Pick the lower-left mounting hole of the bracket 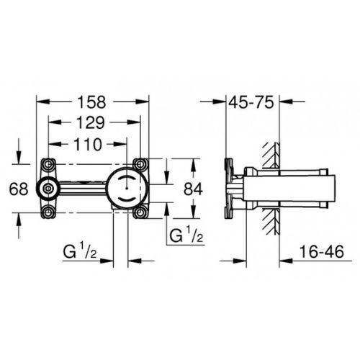(x=49, y=211)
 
